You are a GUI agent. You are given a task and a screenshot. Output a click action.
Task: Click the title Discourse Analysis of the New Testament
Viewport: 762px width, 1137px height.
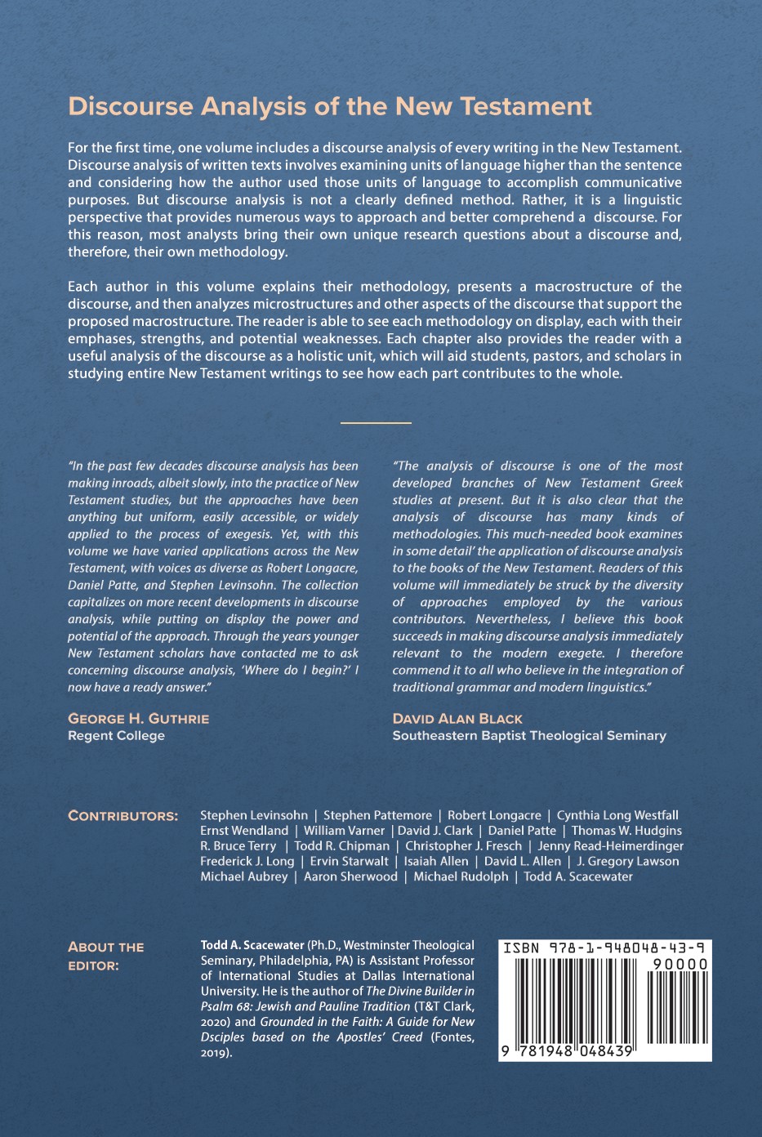[329, 106]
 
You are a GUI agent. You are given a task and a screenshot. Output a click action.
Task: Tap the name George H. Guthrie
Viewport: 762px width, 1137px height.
[138, 719]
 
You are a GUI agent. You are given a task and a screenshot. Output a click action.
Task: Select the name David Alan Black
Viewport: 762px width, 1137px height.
[457, 719]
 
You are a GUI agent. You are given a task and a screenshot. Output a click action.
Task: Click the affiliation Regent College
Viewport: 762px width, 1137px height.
[116, 736]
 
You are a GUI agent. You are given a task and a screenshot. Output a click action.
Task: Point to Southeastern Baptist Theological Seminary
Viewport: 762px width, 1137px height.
[528, 736]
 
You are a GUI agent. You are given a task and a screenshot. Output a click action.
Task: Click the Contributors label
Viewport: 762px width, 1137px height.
[123, 816]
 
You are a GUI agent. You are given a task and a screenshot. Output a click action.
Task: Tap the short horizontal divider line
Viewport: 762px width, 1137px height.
[376, 422]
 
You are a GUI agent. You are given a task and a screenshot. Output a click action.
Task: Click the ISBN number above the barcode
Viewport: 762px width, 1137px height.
[604, 948]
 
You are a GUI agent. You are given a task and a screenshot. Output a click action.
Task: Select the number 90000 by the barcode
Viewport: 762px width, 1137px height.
[680, 965]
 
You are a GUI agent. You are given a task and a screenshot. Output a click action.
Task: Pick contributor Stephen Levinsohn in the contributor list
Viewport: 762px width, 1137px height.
[254, 815]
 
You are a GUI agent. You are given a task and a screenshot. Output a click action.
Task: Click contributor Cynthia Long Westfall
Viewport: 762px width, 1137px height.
[617, 815]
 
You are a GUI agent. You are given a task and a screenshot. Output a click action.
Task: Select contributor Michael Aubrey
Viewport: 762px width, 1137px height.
[243, 877]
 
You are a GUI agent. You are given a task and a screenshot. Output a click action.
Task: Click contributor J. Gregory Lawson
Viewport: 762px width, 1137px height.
[627, 862]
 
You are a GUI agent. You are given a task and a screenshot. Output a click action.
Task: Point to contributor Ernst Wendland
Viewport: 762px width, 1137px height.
[243, 831]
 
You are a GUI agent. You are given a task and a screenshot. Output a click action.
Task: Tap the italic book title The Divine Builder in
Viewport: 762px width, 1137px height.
[420, 992]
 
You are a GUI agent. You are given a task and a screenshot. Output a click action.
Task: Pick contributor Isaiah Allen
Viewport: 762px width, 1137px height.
[436, 862]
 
